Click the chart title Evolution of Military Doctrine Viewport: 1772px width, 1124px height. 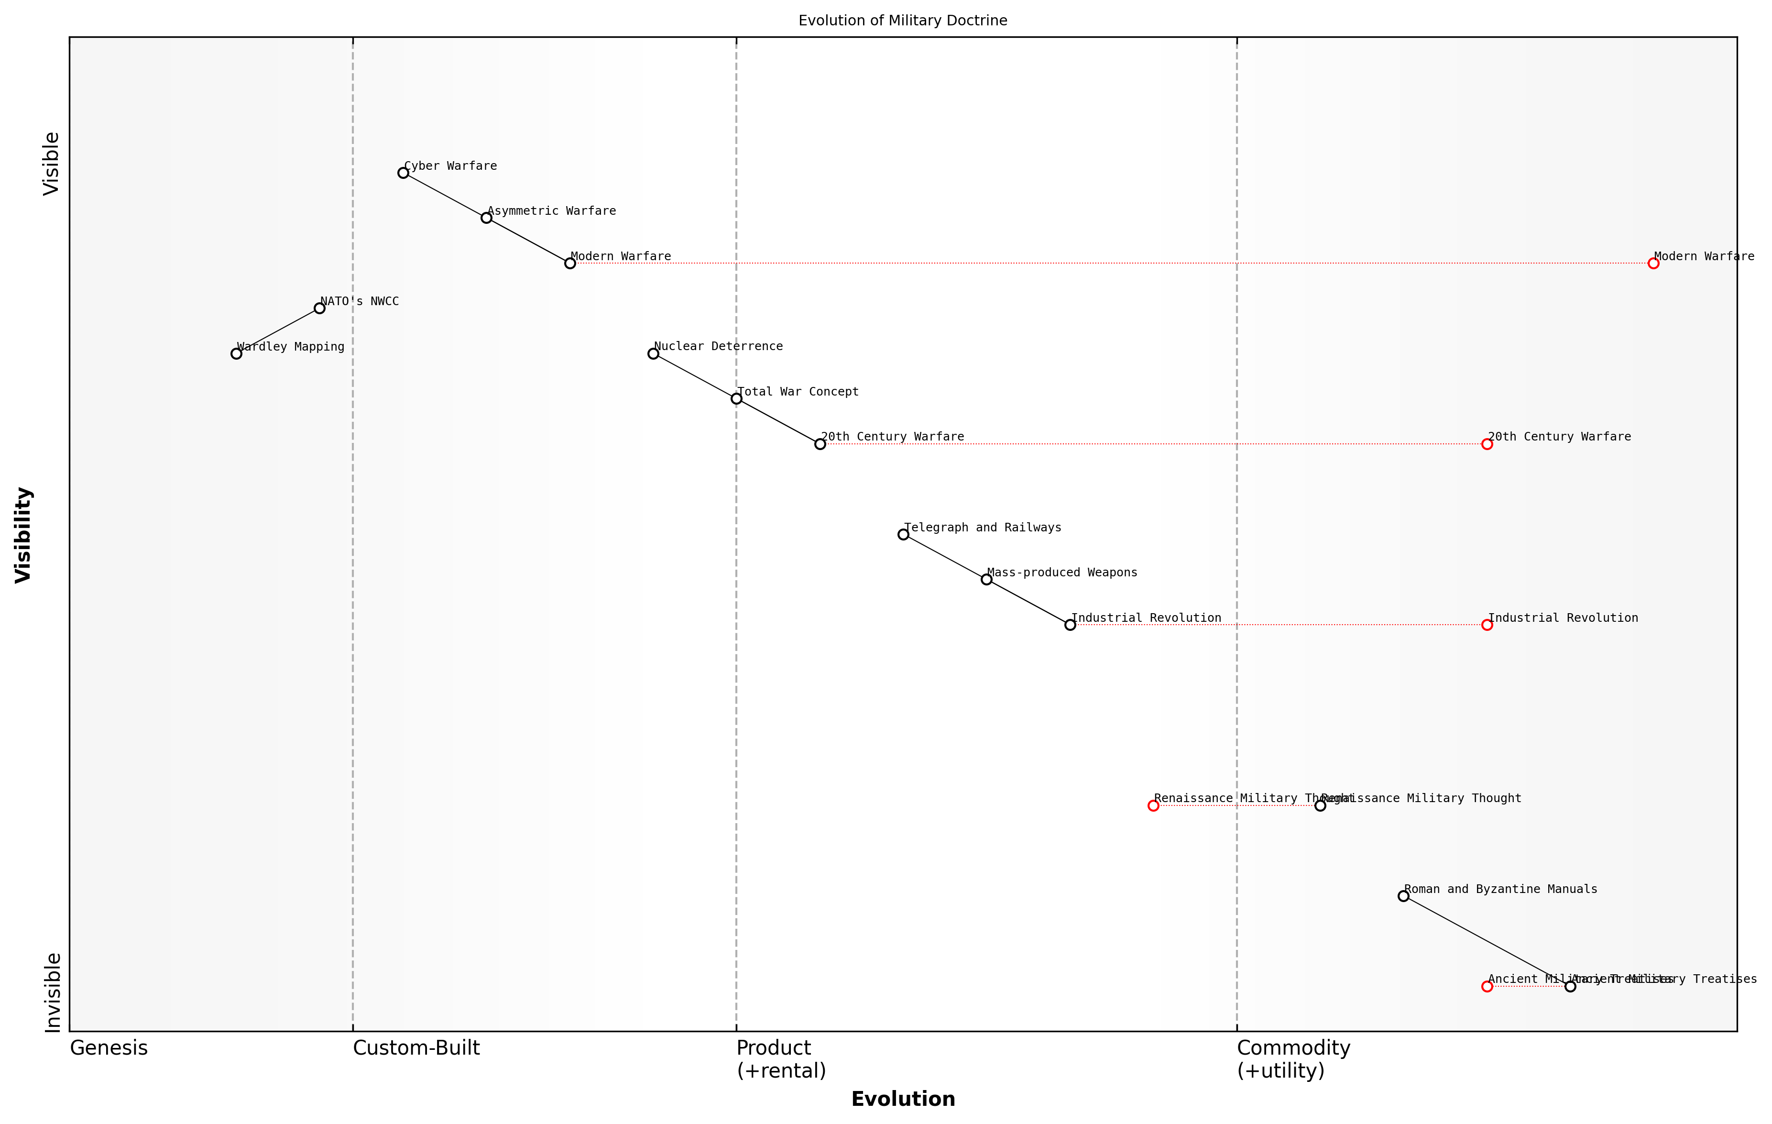pos(902,21)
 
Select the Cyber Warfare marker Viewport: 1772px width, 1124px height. pos(403,173)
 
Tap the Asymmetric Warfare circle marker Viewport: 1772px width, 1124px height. pos(486,218)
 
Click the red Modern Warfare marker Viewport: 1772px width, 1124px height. pos(1653,264)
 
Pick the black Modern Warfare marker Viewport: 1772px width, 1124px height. pos(570,264)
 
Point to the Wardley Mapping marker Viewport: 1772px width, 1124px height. pos(236,354)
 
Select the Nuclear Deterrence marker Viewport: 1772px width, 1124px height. pos(654,354)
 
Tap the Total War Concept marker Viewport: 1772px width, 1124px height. pos(737,399)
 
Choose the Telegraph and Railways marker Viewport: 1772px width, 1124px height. pos(904,534)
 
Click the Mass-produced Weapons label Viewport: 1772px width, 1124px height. pos(1062,573)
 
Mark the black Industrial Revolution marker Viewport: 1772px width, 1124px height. pos(1071,625)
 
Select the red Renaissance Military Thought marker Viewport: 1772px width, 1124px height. pos(1154,806)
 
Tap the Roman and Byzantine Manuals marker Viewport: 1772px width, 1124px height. pos(1403,896)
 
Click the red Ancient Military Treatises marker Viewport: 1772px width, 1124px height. pos(1487,987)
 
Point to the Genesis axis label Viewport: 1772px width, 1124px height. pos(109,1048)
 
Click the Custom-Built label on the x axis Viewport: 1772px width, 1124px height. pos(416,1048)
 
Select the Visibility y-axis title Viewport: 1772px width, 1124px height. pos(23,535)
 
